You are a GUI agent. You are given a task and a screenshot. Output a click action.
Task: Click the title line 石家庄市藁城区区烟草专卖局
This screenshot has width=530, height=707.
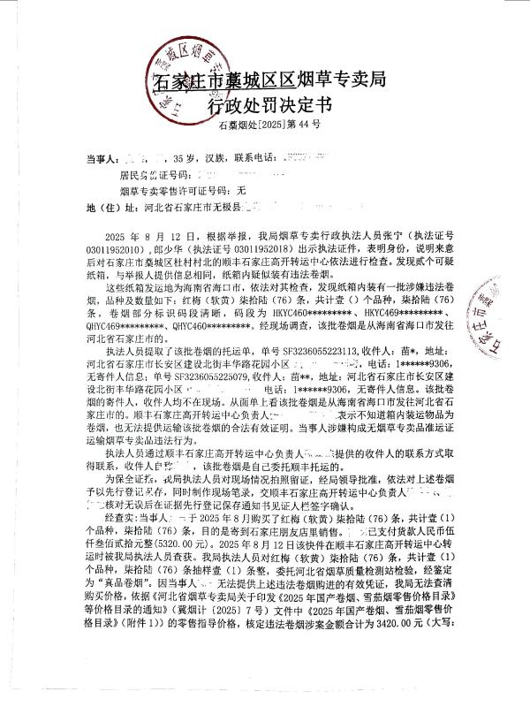tap(270, 82)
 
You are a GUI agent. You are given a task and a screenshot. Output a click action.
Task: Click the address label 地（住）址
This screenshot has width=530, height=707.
tap(106, 209)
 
